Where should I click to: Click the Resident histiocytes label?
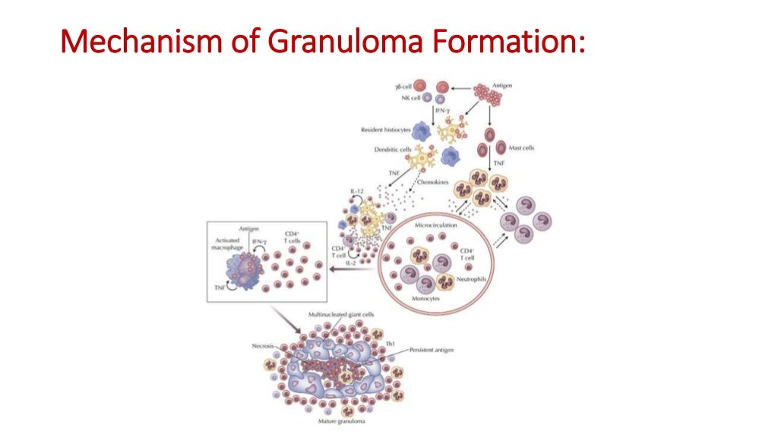pyautogui.click(x=385, y=130)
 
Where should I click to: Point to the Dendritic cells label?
pyautogui.click(x=394, y=149)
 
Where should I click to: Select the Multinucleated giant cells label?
pyautogui.click(x=339, y=314)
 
